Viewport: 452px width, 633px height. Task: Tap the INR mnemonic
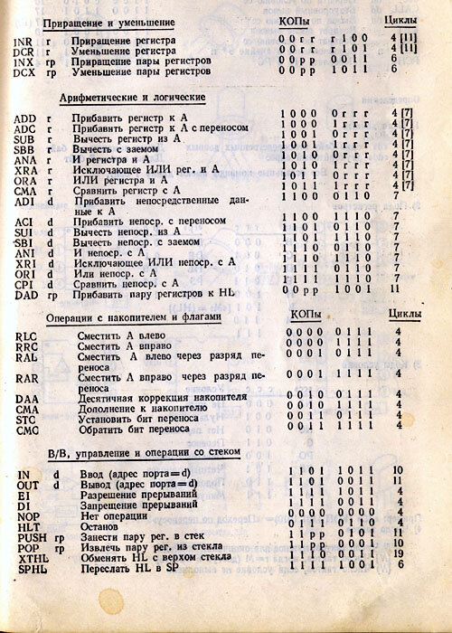tap(24, 43)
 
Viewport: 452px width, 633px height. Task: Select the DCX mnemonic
tap(26, 72)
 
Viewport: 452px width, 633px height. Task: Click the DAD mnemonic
tap(26, 289)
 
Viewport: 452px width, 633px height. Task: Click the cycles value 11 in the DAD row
tap(394, 289)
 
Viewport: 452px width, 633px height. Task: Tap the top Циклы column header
tap(400, 20)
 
